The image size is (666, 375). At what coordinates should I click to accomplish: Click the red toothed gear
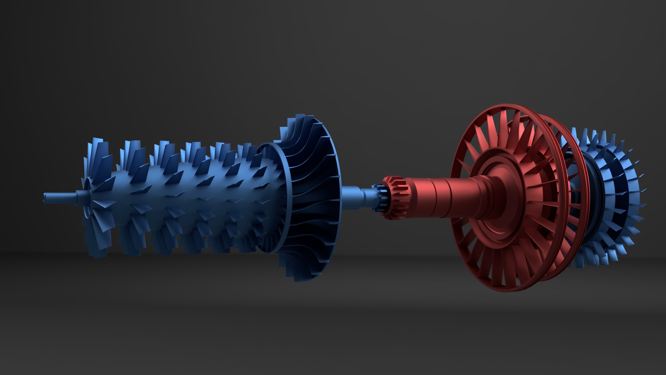pyautogui.click(x=396, y=198)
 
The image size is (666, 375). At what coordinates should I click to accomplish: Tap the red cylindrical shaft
pyautogui.click(x=444, y=198)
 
